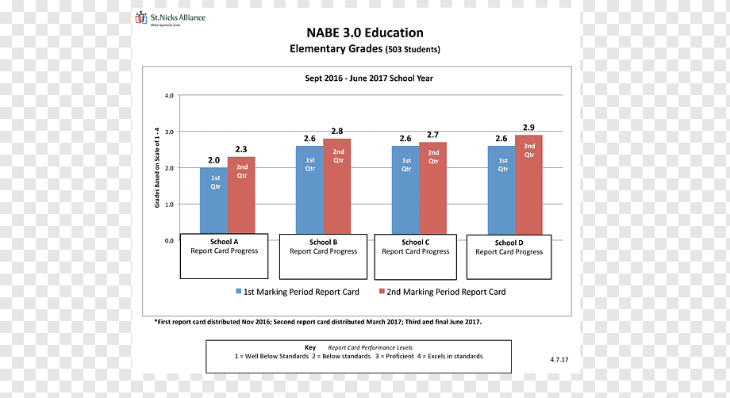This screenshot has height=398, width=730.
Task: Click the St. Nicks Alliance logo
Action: point(170,18)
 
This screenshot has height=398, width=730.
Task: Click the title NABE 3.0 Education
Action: point(365,33)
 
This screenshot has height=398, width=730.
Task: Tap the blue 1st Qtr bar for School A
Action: point(213,201)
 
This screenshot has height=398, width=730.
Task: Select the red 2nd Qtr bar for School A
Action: point(241,195)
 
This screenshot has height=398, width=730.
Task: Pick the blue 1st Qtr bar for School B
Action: point(309,190)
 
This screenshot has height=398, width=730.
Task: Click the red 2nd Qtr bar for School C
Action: point(433,188)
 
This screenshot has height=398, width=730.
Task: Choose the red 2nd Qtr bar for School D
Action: point(529,185)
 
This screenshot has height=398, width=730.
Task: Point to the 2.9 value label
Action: point(528,128)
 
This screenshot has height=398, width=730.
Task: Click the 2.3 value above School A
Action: point(241,149)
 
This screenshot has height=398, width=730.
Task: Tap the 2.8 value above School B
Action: point(337,131)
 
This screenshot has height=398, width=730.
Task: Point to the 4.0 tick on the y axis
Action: point(169,96)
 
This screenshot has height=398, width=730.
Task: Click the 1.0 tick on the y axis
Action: point(169,205)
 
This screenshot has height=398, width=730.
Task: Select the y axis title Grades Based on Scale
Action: point(157,167)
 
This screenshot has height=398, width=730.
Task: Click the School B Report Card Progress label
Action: point(323,247)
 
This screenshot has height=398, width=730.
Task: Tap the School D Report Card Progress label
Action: point(509,247)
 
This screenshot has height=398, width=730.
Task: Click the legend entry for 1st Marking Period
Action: point(298,292)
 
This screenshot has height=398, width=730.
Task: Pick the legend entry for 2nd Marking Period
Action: point(442,292)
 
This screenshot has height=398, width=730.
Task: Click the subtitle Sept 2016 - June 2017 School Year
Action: point(369,78)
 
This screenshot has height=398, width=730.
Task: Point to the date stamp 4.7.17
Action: point(559,359)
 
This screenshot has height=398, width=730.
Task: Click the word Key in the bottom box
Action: point(310,347)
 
